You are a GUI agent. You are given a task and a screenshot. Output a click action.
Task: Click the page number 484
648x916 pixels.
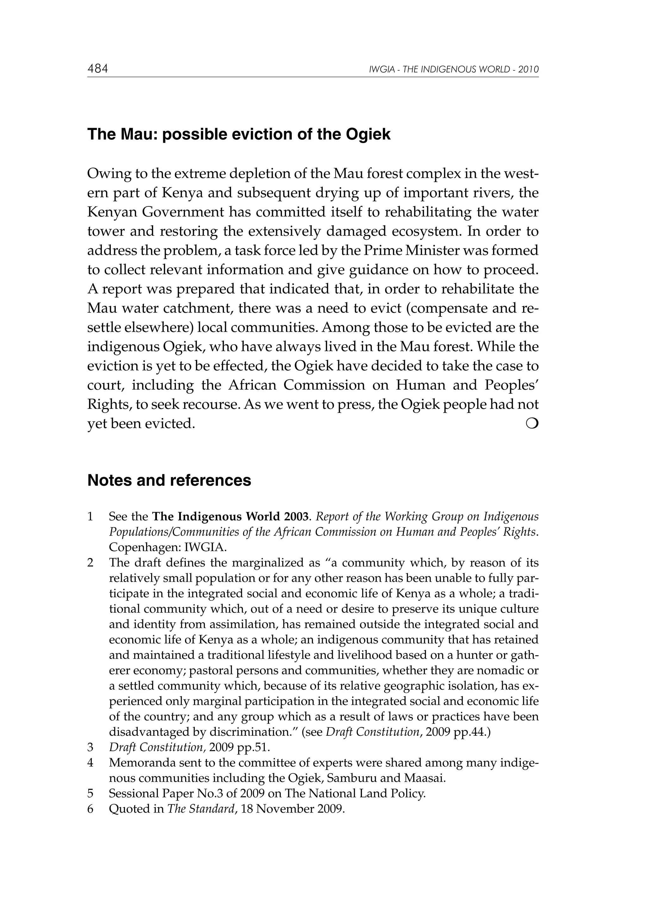(98, 69)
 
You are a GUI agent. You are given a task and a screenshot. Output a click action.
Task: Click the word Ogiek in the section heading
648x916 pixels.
(368, 134)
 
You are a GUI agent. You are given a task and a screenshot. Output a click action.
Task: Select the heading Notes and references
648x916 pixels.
(169, 480)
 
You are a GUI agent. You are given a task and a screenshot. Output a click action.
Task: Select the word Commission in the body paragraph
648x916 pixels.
(324, 385)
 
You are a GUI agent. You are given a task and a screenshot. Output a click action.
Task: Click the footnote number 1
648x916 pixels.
(90, 517)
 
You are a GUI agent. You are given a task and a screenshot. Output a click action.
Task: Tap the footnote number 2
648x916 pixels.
(90, 563)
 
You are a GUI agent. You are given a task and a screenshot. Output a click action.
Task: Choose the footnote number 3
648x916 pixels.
(90, 747)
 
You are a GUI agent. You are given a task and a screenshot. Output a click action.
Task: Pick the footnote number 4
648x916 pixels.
(90, 763)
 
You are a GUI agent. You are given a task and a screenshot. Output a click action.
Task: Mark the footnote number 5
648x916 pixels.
(90, 794)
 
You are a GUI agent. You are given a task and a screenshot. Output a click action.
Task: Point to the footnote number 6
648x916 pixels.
(90, 809)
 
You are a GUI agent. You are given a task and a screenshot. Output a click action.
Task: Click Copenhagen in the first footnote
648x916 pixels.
(145, 547)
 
